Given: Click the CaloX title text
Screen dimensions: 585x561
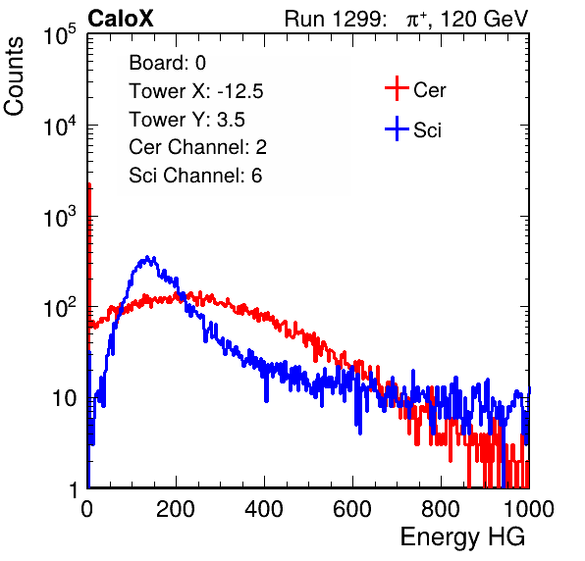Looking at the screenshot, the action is (121, 19).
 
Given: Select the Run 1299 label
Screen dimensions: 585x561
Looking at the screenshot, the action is (335, 19).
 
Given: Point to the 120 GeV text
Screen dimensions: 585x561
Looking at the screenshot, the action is (485, 19).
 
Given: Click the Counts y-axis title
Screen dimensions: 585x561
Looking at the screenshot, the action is (14, 76).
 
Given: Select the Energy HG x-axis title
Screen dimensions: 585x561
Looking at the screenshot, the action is (462, 537).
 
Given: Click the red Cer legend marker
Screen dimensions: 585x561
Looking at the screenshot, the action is (397, 88).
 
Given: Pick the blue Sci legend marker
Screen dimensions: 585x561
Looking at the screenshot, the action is (397, 129).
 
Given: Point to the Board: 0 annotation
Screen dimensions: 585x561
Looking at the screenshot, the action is (167, 63).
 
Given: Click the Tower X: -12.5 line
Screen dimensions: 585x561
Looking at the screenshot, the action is (196, 91).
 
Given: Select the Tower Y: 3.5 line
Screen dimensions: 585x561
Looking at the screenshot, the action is (186, 120).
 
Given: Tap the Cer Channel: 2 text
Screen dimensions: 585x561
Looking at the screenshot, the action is (197, 147).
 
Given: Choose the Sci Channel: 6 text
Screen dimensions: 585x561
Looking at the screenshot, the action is (195, 176).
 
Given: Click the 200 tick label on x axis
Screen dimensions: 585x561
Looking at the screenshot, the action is (176, 508).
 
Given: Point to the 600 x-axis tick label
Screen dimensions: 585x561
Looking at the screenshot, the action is (352, 508).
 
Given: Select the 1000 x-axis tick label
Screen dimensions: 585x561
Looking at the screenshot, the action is (529, 508).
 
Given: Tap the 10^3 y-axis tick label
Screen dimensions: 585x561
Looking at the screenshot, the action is (60, 217).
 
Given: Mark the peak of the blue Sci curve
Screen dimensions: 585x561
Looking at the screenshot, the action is (147, 257).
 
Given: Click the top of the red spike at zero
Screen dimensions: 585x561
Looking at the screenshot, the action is (89, 184).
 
